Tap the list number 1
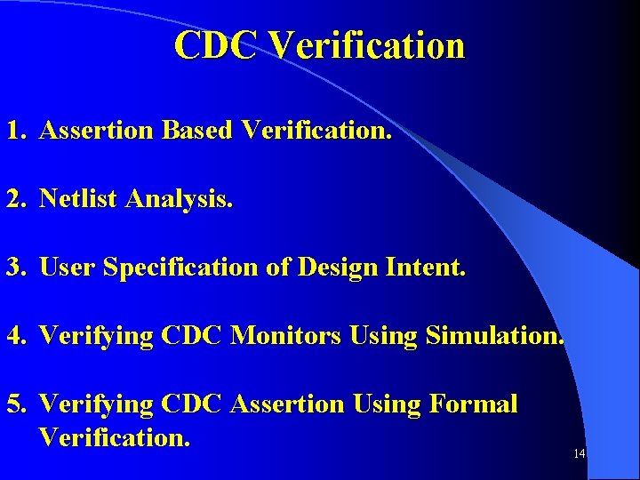point(15,131)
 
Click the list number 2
point(15,199)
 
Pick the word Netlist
point(80,199)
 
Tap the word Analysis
point(180,200)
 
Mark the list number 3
point(15,268)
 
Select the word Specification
point(182,268)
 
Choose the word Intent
point(425,268)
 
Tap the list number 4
point(15,336)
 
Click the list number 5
point(15,404)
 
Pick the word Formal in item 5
point(473,404)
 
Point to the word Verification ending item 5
point(115,437)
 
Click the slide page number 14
point(579,454)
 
